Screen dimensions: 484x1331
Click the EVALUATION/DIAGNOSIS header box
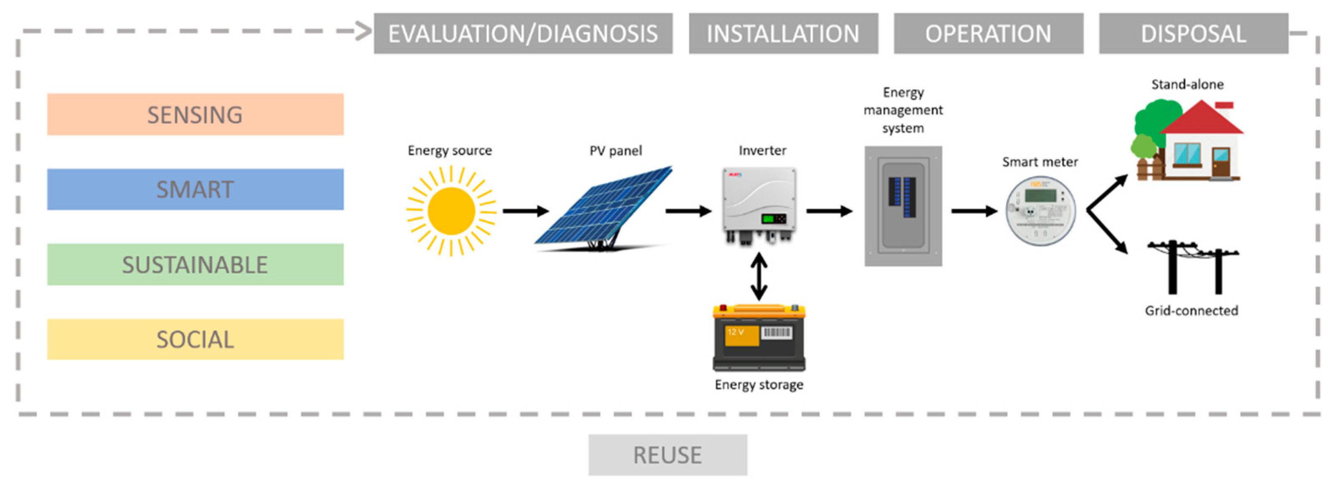pyautogui.click(x=523, y=33)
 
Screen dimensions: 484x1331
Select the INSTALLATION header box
pyautogui.click(x=783, y=33)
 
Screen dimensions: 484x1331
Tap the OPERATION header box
pyautogui.click(x=988, y=33)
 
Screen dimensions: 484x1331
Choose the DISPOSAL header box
pyautogui.click(x=1193, y=33)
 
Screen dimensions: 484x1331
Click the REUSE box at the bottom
pyautogui.click(x=668, y=454)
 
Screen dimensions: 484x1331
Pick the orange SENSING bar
pyautogui.click(x=195, y=114)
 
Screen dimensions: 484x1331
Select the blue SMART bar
pyautogui.click(x=195, y=189)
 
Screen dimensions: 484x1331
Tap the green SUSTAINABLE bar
pyautogui.click(x=195, y=264)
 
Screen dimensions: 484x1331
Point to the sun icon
pyautogui.click(x=451, y=211)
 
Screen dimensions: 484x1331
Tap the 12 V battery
pyautogui.click(x=759, y=338)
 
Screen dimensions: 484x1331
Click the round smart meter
pyautogui.click(x=1040, y=211)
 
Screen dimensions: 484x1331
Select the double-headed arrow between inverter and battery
pyautogui.click(x=759, y=277)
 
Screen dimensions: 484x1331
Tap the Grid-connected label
pyautogui.click(x=1191, y=310)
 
